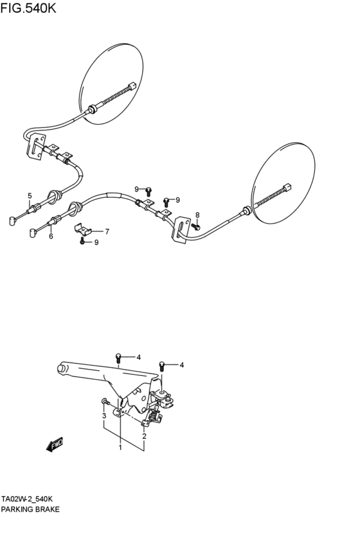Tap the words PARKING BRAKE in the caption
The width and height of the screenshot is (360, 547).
pyautogui.click(x=30, y=509)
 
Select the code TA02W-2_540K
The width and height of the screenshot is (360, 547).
pyautogui.click(x=27, y=499)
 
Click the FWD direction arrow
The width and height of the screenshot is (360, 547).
pyautogui.click(x=54, y=444)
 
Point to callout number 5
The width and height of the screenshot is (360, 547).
pyautogui.click(x=30, y=196)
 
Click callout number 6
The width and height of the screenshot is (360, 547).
pyautogui.click(x=51, y=236)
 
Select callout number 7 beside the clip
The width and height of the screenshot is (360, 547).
pyautogui.click(x=107, y=231)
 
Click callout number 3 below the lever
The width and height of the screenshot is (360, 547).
pyautogui.click(x=104, y=417)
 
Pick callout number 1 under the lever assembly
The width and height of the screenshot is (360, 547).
pyautogui.click(x=120, y=447)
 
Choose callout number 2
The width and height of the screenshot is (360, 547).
pyautogui.click(x=144, y=436)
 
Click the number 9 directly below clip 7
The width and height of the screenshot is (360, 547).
pyautogui.click(x=96, y=242)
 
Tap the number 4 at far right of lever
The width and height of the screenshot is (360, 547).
pyautogui.click(x=181, y=365)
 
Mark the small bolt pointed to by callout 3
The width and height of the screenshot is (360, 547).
pyautogui.click(x=105, y=402)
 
